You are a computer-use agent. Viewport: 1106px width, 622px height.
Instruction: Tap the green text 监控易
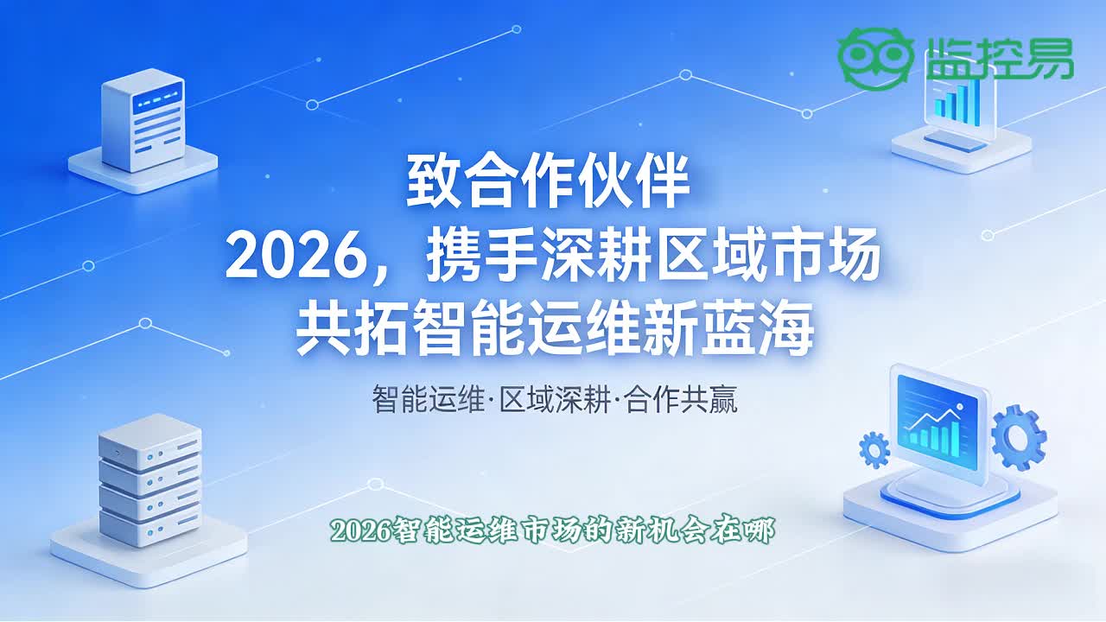tap(1000, 58)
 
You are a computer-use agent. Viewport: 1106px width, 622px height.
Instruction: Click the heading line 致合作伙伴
tap(547, 181)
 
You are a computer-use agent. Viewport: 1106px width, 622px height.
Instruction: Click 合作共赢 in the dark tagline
tap(681, 399)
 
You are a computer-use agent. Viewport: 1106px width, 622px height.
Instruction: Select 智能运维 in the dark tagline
tap(428, 399)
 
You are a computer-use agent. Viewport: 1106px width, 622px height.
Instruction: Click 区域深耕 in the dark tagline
tap(555, 399)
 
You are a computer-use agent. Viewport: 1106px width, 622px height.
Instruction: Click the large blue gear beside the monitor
tap(1019, 437)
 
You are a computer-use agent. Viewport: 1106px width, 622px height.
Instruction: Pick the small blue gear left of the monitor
tap(874, 450)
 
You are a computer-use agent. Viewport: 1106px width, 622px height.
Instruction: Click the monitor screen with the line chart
tap(937, 422)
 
